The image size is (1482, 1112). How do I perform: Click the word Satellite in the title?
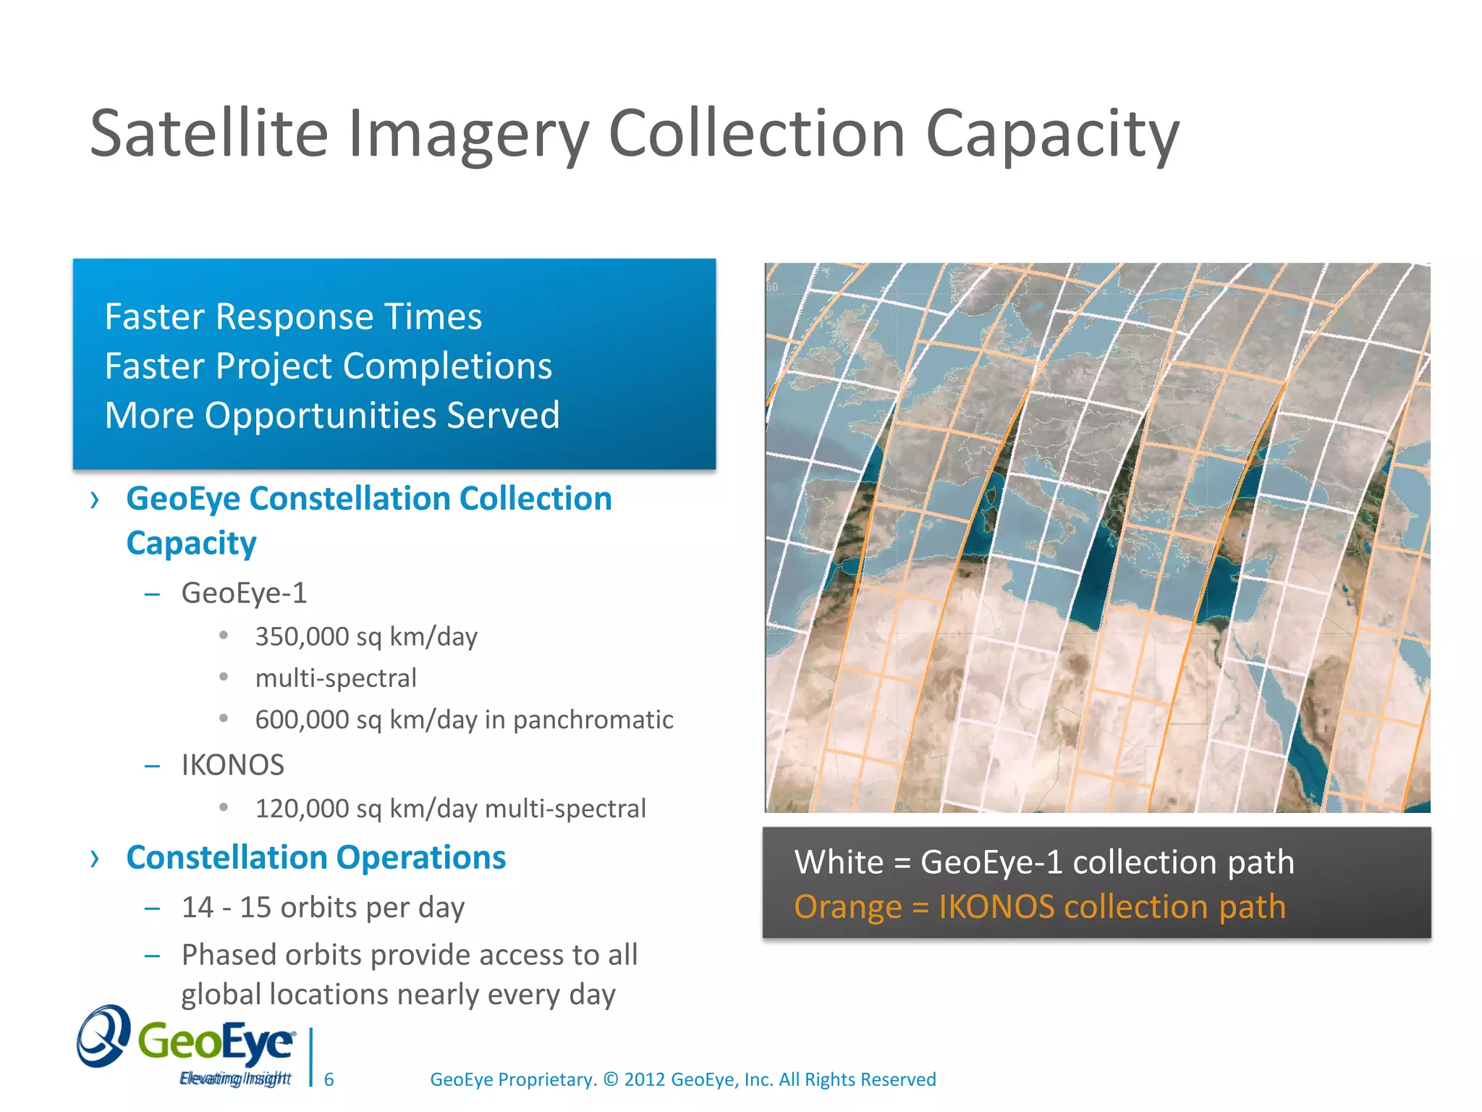click(209, 133)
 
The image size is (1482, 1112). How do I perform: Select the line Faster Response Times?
click(293, 317)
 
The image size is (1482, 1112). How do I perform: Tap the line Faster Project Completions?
click(328, 366)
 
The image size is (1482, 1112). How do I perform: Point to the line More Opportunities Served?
click(332, 416)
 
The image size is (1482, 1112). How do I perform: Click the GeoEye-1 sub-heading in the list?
click(244, 593)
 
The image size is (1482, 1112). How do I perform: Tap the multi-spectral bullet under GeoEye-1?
click(336, 678)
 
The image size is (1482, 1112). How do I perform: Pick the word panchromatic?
click(593, 720)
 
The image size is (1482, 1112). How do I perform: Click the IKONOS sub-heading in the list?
click(232, 765)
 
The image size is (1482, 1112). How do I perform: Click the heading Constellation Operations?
click(316, 858)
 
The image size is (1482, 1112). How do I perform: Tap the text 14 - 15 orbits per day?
click(323, 908)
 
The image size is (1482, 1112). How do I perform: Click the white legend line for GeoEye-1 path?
click(1043, 862)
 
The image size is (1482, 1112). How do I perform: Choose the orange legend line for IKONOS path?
click(1039, 907)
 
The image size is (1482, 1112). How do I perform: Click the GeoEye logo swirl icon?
click(104, 1036)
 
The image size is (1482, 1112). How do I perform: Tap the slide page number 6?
click(329, 1079)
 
